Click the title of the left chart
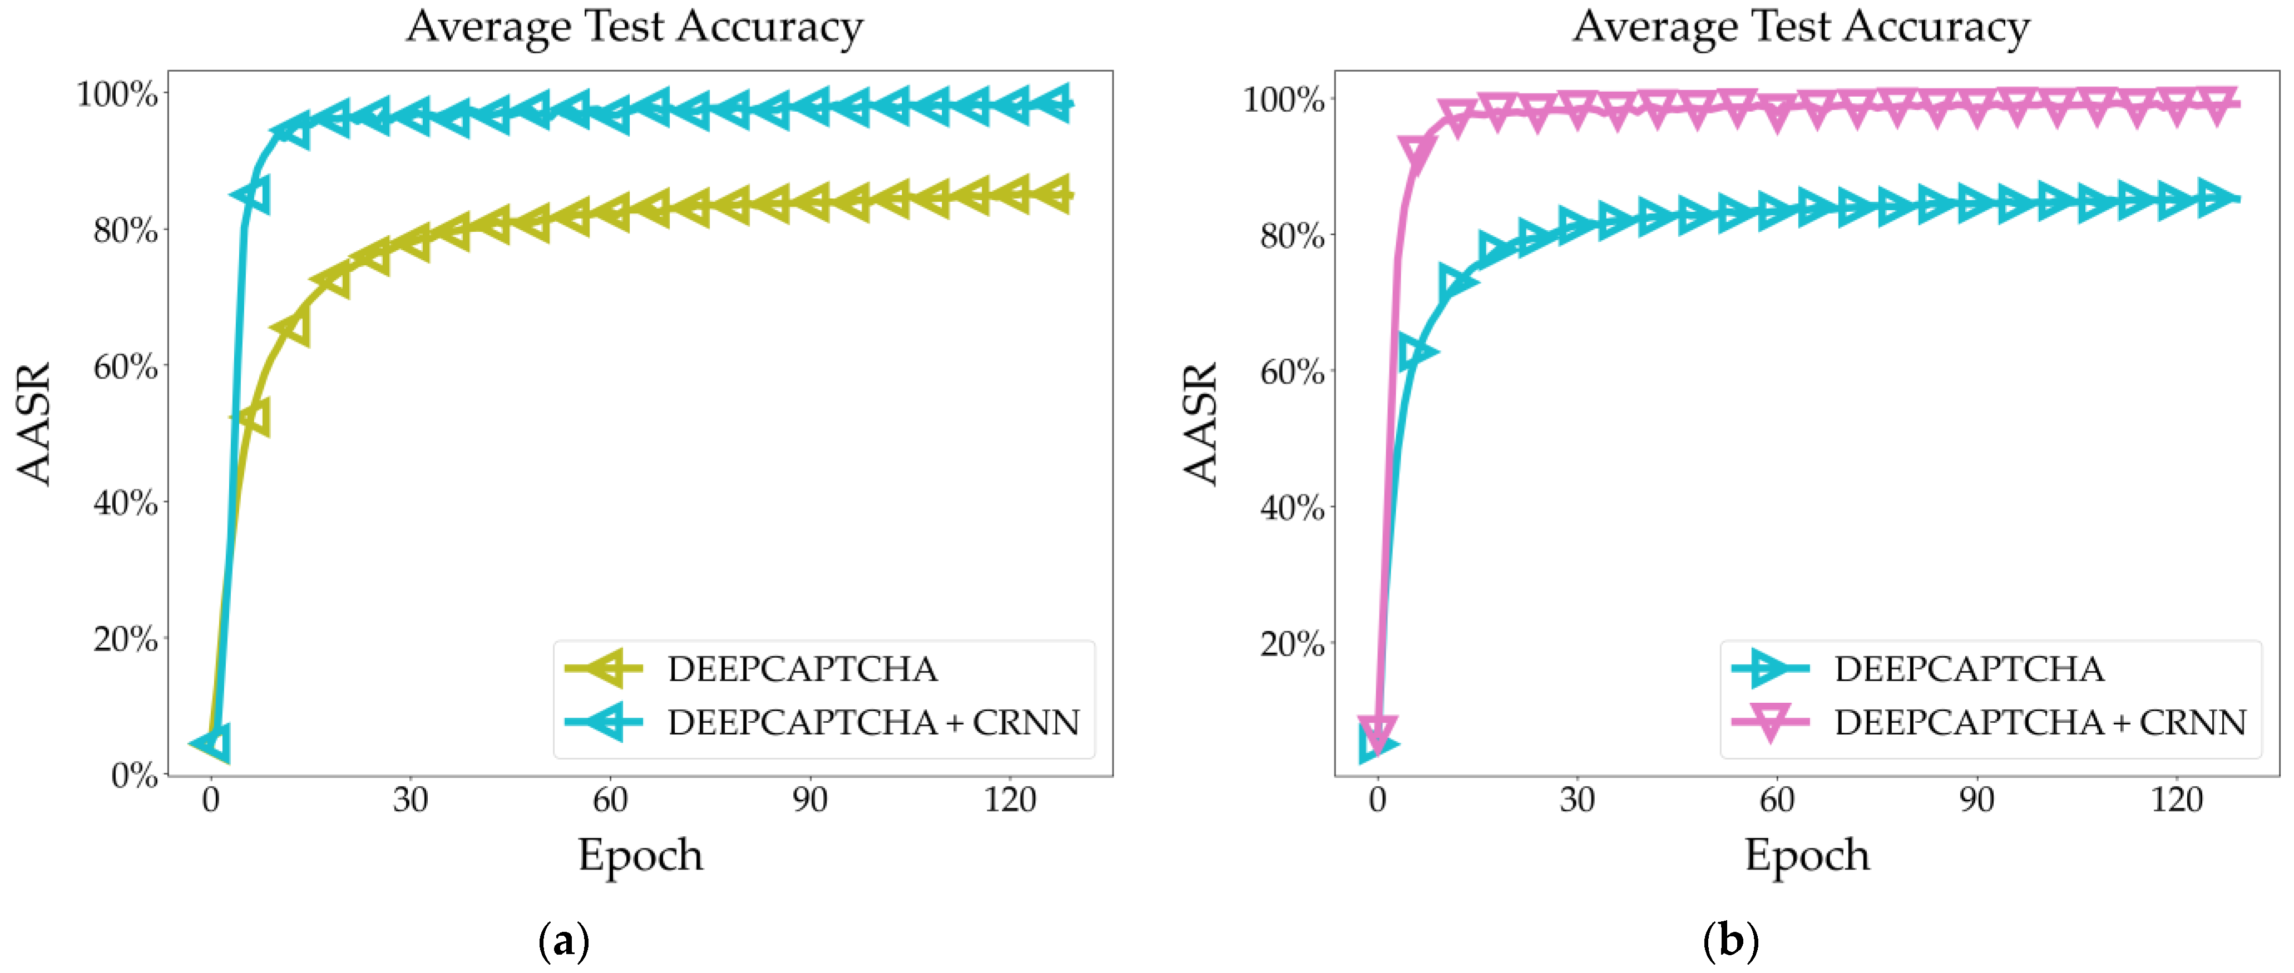[x=634, y=27]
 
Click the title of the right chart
[x=1801, y=27]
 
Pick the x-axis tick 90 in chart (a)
[x=809, y=800]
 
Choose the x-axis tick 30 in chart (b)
[x=1576, y=800]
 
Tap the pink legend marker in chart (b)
[x=1771, y=721]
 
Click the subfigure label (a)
[x=563, y=940]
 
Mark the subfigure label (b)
[x=1731, y=940]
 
